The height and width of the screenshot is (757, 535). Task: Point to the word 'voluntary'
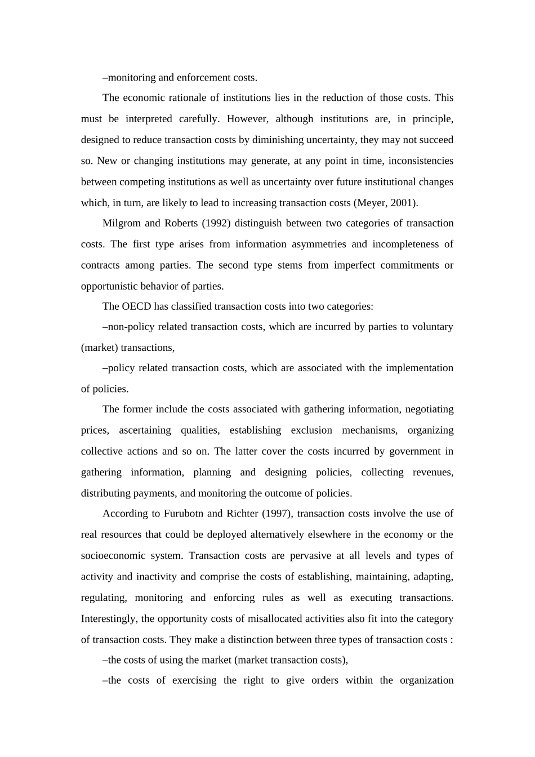(433, 327)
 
